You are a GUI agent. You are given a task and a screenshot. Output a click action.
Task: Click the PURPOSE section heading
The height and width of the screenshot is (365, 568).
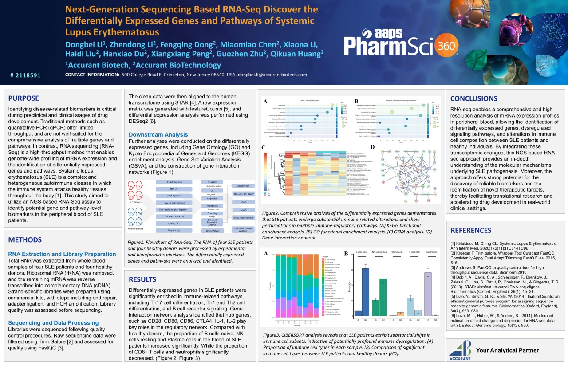click(24, 98)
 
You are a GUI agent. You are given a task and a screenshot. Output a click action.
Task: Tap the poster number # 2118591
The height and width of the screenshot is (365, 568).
click(25, 75)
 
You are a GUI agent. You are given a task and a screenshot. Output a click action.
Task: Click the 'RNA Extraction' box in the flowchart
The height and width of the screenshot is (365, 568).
click(174, 182)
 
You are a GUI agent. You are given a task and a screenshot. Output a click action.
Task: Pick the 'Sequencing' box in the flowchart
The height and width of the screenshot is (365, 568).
click(174, 230)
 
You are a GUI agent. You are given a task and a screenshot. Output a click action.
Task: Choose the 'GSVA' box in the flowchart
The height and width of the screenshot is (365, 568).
click(244, 210)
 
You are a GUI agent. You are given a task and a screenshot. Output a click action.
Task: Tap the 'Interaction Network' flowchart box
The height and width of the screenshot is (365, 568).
click(244, 218)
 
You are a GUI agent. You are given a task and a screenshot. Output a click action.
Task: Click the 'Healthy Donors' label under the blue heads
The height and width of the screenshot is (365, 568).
click(136, 229)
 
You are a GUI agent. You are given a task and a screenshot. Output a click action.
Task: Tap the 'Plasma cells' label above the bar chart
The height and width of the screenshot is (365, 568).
click(398, 252)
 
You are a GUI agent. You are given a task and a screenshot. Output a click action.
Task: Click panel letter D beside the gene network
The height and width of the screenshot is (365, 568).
click(373, 147)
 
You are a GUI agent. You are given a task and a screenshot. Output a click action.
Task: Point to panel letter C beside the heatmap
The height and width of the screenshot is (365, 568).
click(264, 147)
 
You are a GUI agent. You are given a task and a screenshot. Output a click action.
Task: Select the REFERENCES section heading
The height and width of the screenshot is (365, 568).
click(471, 230)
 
